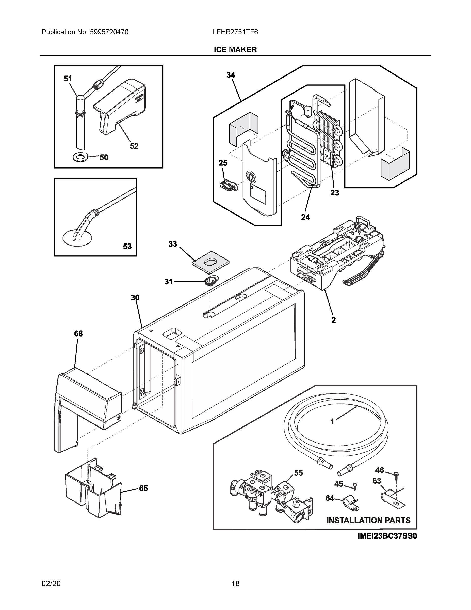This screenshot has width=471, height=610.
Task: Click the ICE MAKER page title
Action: click(235, 50)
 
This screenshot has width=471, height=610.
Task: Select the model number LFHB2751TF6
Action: click(235, 32)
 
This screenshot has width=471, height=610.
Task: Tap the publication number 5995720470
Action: click(109, 32)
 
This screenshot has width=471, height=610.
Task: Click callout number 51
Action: click(68, 79)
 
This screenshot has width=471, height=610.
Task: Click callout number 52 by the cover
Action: click(134, 146)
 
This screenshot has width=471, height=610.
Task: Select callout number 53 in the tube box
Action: click(127, 246)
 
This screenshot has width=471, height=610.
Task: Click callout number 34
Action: click(231, 75)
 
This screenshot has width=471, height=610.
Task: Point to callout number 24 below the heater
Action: click(305, 217)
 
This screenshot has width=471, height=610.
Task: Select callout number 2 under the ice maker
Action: click(334, 320)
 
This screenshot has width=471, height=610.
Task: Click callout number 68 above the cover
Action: click(78, 333)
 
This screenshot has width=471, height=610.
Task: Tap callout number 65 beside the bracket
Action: click(143, 488)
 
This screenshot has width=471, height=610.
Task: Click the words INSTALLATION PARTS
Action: click(368, 520)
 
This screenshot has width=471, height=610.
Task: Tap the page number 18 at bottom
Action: click(235, 584)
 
